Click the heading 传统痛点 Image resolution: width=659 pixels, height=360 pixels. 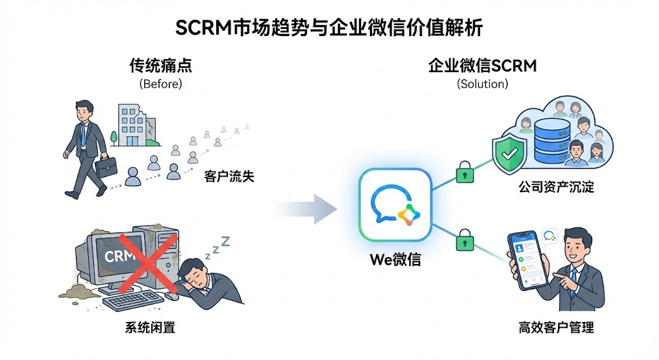[x=160, y=66]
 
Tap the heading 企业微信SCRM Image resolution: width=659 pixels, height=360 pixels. [x=482, y=66]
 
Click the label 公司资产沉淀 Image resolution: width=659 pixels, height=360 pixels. [x=556, y=187]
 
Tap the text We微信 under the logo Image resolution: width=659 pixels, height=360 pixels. [x=395, y=260]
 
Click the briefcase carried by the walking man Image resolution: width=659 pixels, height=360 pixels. [x=107, y=167]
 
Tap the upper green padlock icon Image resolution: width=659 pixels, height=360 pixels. [x=463, y=172]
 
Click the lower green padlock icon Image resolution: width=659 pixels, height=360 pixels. [x=463, y=242]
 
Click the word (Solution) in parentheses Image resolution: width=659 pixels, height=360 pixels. [x=482, y=84]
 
